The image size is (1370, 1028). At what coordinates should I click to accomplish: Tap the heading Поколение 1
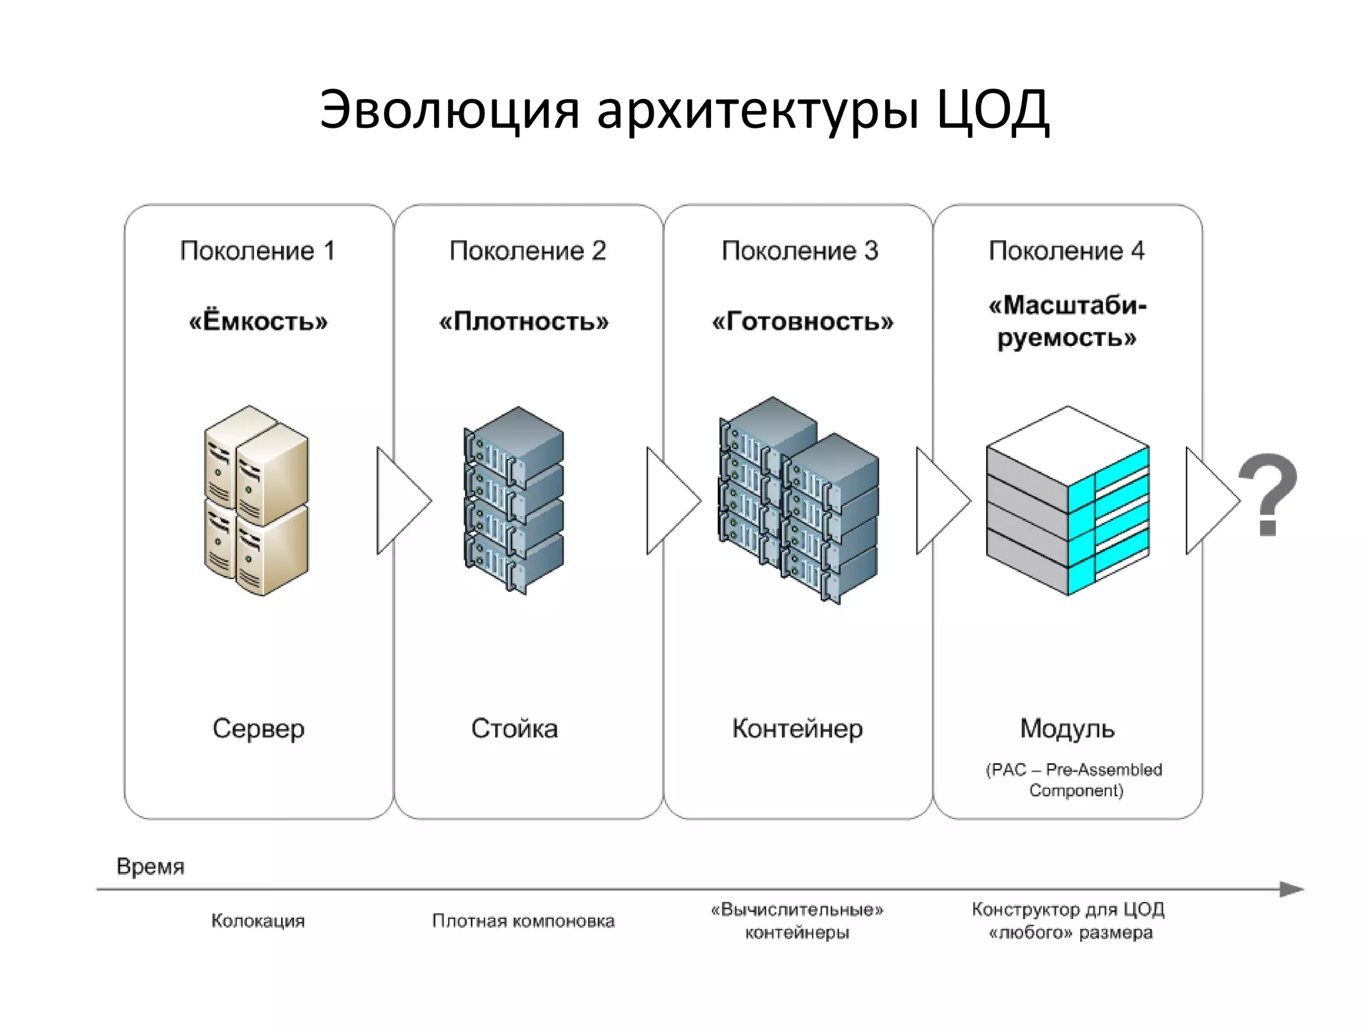pos(258,251)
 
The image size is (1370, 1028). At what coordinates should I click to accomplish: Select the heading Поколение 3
pos(799,251)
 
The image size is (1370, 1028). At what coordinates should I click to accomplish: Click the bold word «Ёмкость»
pos(258,322)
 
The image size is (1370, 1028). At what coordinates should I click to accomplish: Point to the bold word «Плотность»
pos(524,322)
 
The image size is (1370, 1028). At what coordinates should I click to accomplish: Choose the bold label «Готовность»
pos(802,322)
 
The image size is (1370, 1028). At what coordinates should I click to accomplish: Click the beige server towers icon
pos(257,500)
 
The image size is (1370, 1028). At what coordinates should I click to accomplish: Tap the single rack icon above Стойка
pos(514,500)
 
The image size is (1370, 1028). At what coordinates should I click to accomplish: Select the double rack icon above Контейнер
pos(799,500)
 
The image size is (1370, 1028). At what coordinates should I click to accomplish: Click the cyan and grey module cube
pos(1068,501)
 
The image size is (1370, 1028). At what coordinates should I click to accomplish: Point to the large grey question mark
pos(1268,495)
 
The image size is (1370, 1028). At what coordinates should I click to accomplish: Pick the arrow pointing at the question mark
pos(1211,501)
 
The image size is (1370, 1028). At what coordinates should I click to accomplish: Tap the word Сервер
pos(258,728)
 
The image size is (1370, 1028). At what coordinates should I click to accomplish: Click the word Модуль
pos(1068,728)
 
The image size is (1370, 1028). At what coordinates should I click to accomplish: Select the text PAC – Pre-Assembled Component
pos(1074,780)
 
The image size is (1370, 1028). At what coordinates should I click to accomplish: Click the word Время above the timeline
pos(151,867)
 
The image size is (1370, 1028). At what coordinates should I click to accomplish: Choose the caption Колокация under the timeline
pos(258,921)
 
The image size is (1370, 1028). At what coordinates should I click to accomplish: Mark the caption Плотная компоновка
pos(523,921)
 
